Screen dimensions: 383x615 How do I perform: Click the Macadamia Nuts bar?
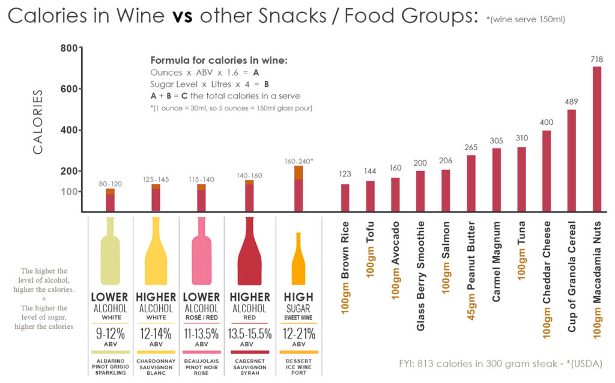click(x=597, y=139)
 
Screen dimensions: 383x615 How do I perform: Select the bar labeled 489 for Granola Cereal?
click(x=572, y=160)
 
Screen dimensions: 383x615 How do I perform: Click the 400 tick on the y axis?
click(x=70, y=130)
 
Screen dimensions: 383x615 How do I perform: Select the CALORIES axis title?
click(x=38, y=122)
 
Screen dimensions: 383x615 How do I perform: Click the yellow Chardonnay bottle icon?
click(x=156, y=252)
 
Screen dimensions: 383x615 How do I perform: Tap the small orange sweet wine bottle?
click(x=298, y=259)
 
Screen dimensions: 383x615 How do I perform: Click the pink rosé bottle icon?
click(x=201, y=252)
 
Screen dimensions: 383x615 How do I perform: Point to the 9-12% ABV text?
click(x=109, y=334)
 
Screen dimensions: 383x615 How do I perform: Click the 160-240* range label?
click(x=298, y=161)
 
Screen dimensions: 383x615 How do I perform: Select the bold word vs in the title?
click(x=183, y=16)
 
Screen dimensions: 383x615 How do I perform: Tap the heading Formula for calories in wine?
click(x=219, y=61)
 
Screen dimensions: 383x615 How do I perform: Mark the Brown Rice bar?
click(x=345, y=198)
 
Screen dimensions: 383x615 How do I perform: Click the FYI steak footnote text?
click(x=500, y=364)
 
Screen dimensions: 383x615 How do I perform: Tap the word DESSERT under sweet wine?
click(x=298, y=361)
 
